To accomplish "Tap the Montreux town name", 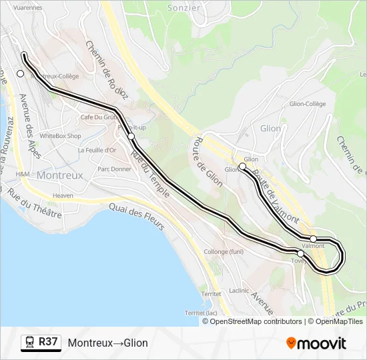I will [x=60, y=175].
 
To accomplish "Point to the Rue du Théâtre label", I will [x=35, y=203].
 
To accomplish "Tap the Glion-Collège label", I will [x=308, y=103].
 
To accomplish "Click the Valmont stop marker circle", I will [x=313, y=239].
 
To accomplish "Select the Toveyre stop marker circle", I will [x=300, y=253].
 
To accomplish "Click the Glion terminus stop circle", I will [x=242, y=167].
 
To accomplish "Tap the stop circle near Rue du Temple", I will [x=131, y=137].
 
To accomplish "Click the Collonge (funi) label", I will [x=224, y=251].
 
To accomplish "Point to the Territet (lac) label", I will [x=204, y=313].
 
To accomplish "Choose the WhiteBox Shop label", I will [x=60, y=136].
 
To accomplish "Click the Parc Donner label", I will [x=114, y=169].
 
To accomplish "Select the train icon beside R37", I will [x=29, y=343].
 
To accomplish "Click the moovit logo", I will [x=316, y=343].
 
